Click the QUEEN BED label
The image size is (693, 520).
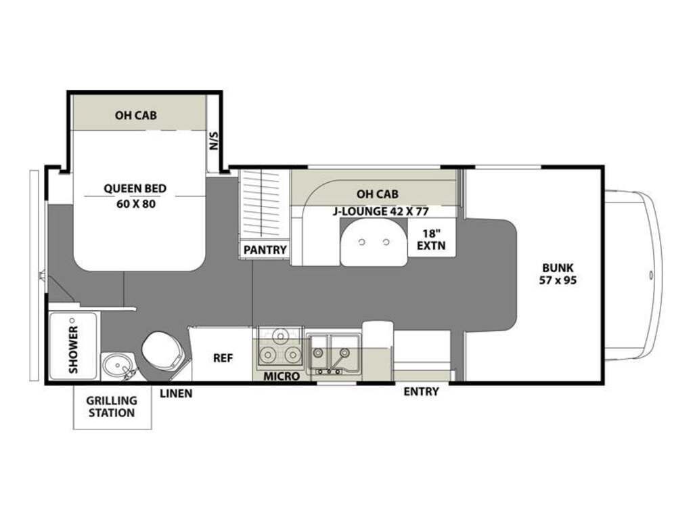coord(135,188)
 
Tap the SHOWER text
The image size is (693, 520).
coord(73,349)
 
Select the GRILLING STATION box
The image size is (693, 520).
coord(112,406)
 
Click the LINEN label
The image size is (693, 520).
coord(176,393)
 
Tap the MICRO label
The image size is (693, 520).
coord(282,376)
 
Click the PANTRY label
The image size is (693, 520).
coord(265,250)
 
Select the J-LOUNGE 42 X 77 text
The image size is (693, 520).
coord(380,211)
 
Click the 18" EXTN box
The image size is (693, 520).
coord(431,239)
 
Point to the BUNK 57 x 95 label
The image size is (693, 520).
coord(558,274)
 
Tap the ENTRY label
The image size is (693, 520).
coord(421,391)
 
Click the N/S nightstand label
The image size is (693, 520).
coord(214,140)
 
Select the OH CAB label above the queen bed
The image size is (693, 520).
coord(135,115)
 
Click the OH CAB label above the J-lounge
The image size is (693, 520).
coord(378,194)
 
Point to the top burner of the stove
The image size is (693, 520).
coord(280,336)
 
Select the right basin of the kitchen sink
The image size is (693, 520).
coord(344,352)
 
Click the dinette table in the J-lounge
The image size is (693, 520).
coord(374,243)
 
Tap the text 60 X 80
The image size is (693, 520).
coord(136,204)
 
